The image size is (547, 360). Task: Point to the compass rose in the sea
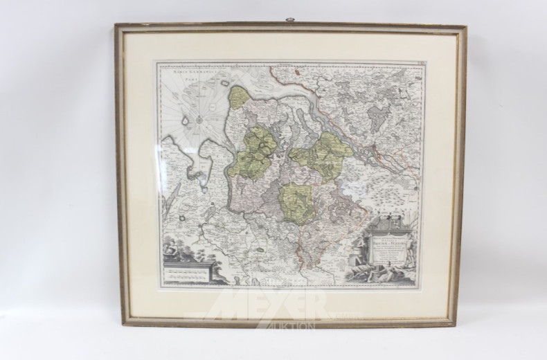(x=197, y=118)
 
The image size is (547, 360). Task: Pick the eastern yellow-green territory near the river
(x=323, y=156)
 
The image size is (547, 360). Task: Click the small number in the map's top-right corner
(x=418, y=65)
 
